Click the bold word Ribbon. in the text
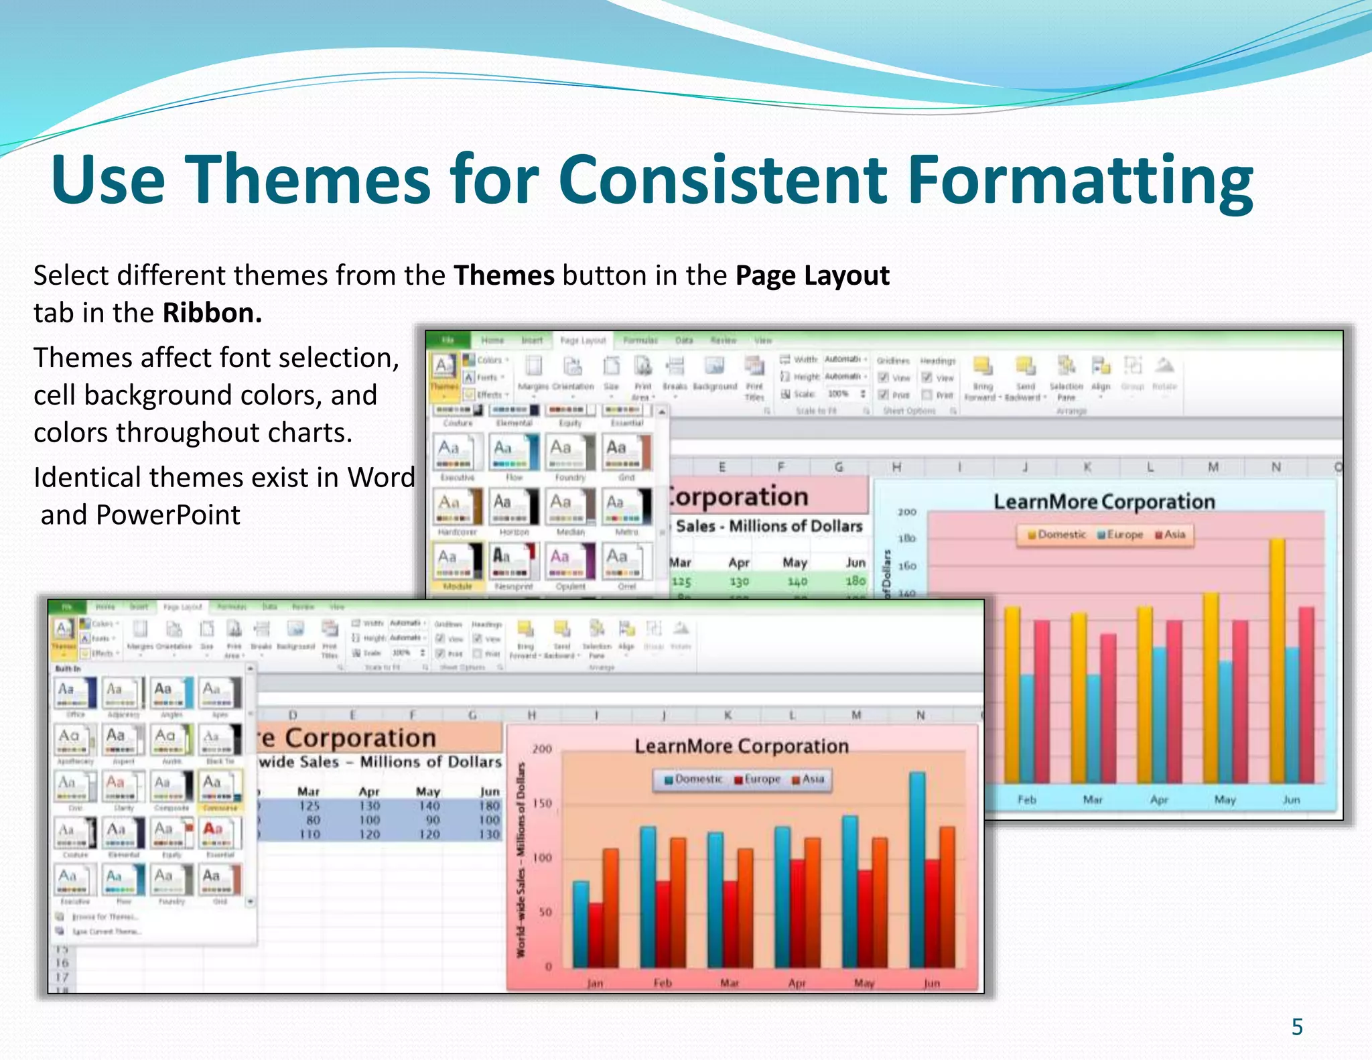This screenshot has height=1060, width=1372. tap(212, 314)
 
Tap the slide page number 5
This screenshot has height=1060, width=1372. tap(1297, 1027)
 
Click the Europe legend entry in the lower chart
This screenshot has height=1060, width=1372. tap(757, 779)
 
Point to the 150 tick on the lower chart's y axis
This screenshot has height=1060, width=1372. tap(542, 803)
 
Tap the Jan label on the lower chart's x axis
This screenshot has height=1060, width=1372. tap(595, 983)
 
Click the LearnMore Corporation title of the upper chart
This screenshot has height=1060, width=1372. tap(1103, 502)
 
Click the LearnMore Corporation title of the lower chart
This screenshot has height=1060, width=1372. tap(741, 746)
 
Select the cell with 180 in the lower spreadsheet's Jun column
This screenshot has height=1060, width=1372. tap(490, 806)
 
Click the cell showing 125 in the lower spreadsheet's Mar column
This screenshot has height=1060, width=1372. tap(309, 806)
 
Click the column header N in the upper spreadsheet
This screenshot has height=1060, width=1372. tap(1276, 467)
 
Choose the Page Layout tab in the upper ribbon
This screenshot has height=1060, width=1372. tap(582, 340)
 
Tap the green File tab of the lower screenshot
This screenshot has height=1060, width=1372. tap(67, 607)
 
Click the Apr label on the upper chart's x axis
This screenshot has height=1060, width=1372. tap(1159, 799)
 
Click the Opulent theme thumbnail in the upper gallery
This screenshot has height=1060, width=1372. tap(570, 562)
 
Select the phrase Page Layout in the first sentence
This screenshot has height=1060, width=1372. tap(812, 276)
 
